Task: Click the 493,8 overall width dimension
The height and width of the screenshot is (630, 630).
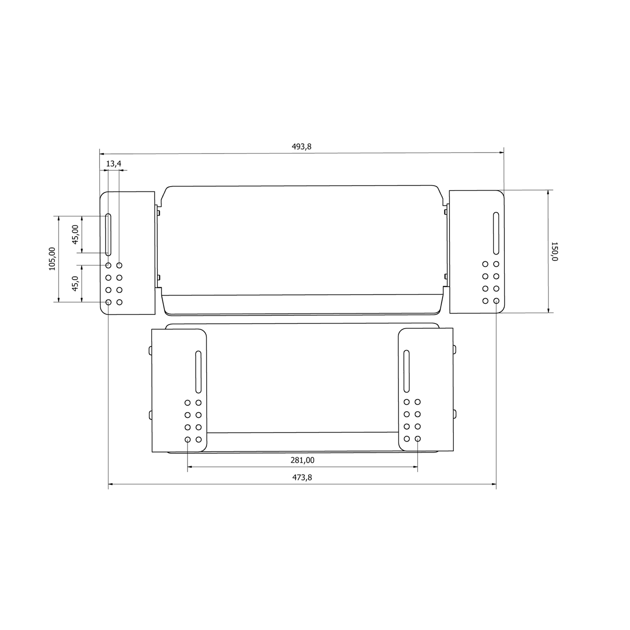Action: click(301, 146)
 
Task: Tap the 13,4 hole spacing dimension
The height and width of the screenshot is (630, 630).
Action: click(114, 163)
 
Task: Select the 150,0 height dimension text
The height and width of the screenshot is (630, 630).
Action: click(554, 252)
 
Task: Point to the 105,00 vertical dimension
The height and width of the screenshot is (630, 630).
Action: click(52, 259)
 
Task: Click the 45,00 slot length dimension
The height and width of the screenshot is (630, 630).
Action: click(75, 235)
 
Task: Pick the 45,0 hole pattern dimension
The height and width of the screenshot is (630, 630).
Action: click(75, 283)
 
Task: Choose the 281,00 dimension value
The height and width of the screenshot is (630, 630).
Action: click(303, 460)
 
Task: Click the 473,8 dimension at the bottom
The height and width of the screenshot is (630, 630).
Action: click(302, 478)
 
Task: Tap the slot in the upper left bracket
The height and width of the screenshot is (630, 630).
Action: click(108, 235)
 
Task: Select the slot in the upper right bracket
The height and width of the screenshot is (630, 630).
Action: click(496, 233)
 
